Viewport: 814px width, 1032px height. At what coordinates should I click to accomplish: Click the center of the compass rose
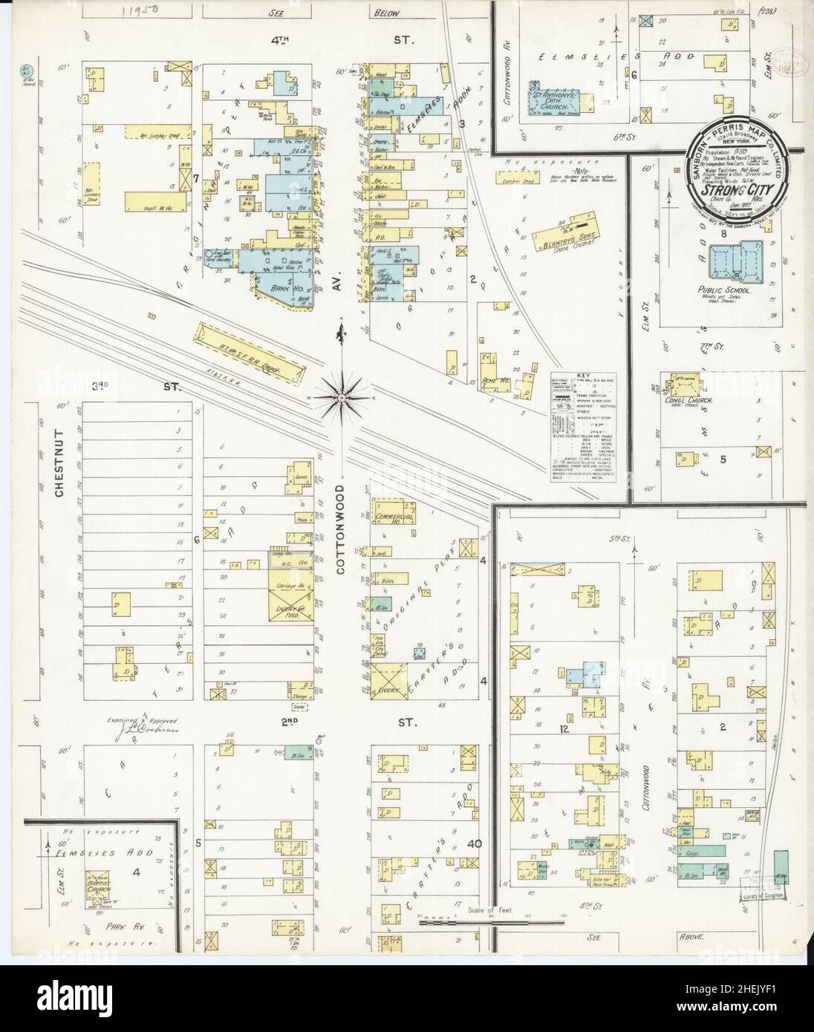341,399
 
